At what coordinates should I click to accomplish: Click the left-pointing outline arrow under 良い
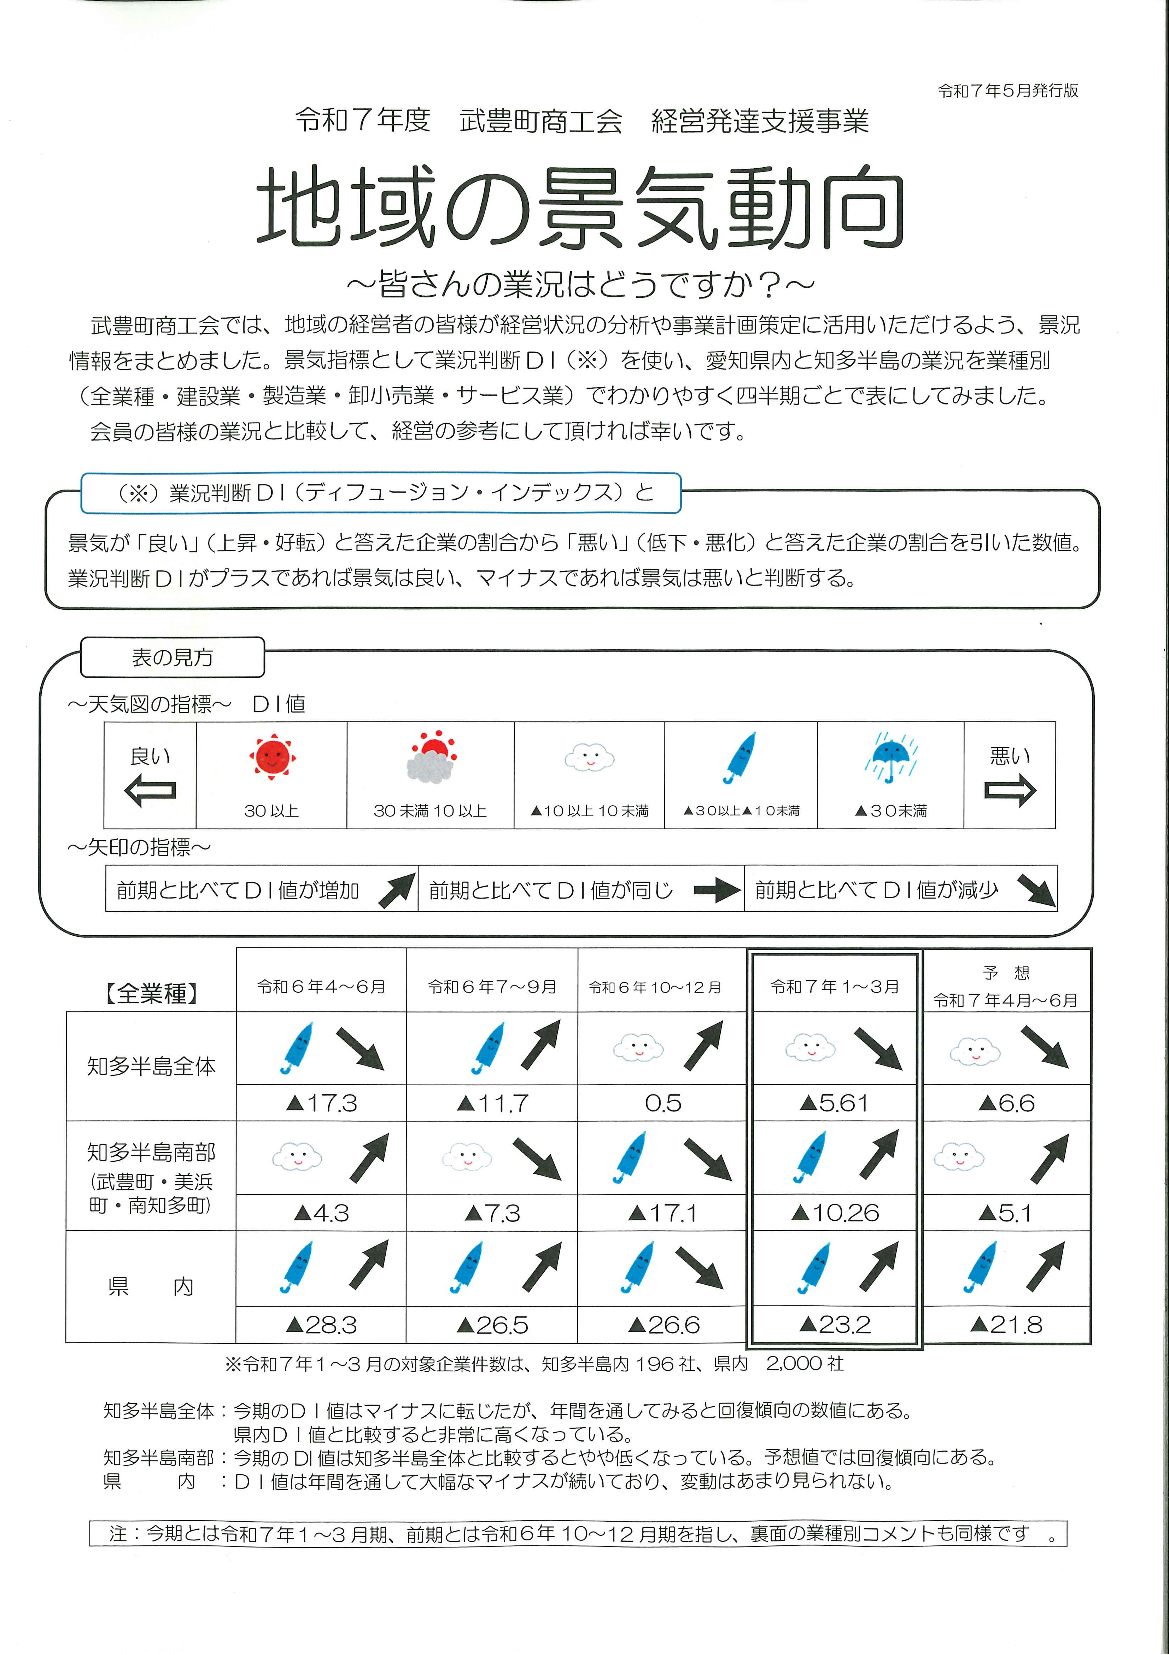[150, 791]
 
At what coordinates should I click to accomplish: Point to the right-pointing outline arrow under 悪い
[1010, 791]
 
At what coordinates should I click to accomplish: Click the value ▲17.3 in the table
[321, 1104]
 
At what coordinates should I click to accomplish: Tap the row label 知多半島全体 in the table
[151, 1066]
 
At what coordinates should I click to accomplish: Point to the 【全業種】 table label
[151, 994]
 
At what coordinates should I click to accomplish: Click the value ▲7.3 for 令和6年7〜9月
[492, 1213]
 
